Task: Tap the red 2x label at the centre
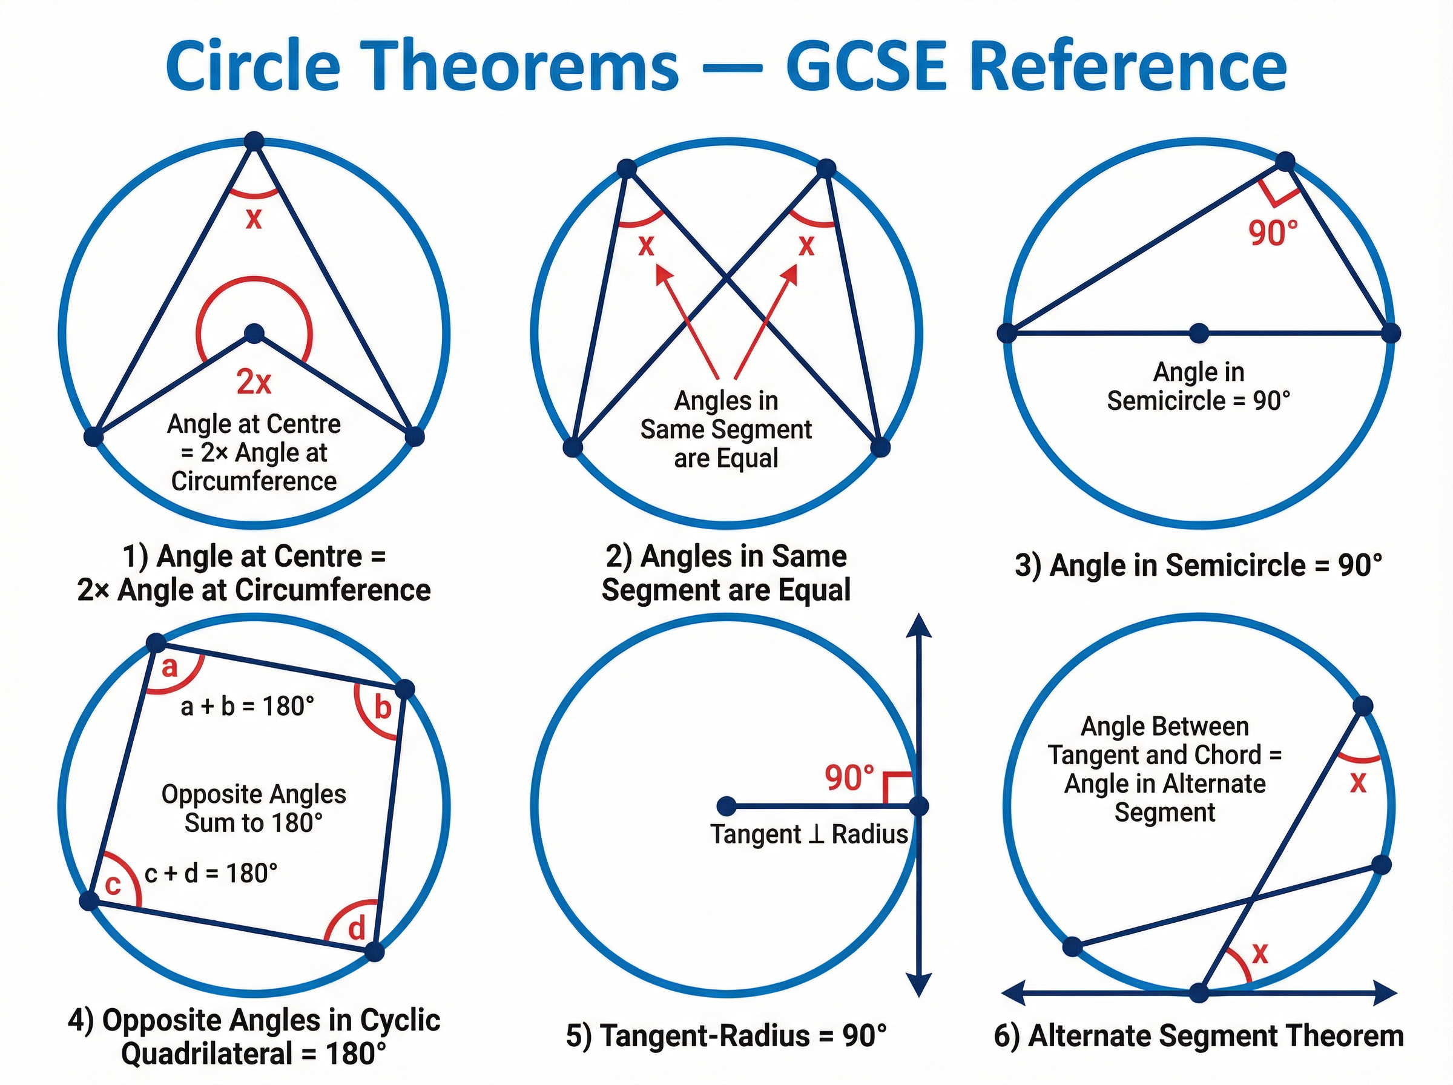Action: pos(254,381)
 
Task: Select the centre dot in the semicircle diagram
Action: pos(1199,333)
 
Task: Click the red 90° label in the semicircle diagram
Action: pos(1273,233)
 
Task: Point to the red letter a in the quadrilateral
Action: pos(170,667)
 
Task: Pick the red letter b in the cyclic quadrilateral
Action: pos(382,708)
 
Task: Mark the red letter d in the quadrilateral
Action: pos(356,929)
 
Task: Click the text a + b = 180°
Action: pos(248,707)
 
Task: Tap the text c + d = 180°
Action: pos(211,874)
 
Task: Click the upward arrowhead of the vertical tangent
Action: pos(918,625)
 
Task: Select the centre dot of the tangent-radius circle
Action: pos(726,806)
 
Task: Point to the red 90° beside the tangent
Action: pos(849,778)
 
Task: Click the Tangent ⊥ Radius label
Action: pos(809,835)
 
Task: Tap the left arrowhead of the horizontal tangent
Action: pos(1013,993)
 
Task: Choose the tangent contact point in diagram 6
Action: pos(1199,992)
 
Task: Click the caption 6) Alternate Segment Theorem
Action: pos(1198,1037)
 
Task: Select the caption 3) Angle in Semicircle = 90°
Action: pos(1198,566)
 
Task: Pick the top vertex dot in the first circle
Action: pos(254,141)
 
